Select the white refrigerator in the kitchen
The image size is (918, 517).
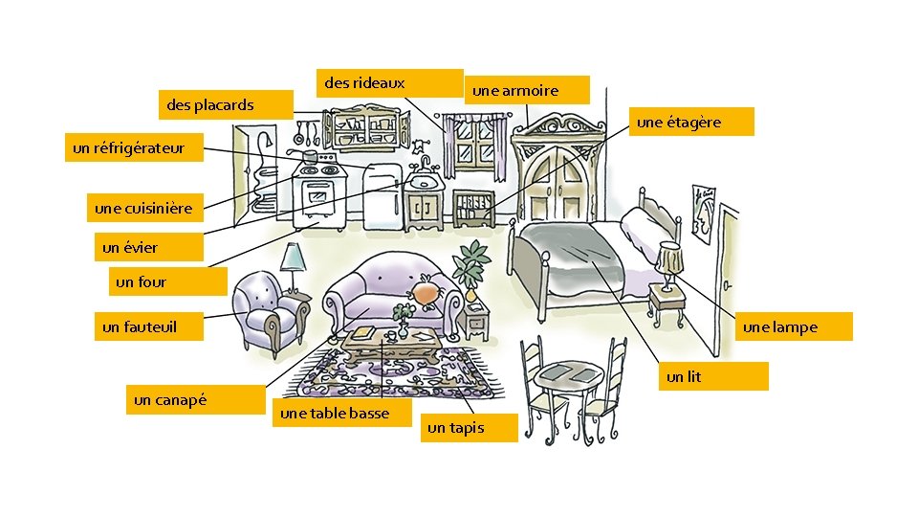tap(382, 194)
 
